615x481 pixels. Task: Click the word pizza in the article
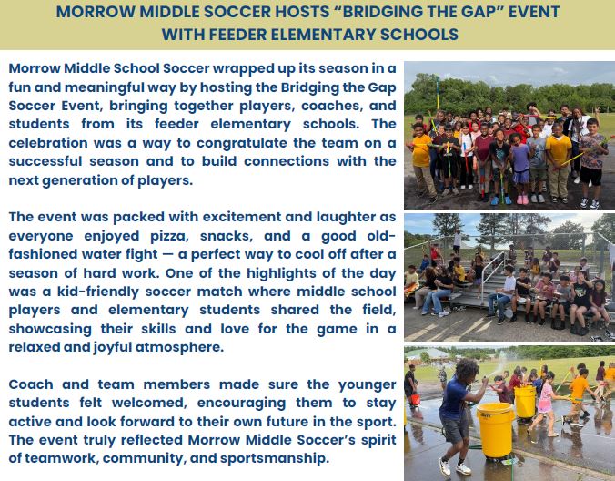pyautogui.click(x=170, y=236)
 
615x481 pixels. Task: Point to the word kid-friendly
pyautogui.click(x=98, y=292)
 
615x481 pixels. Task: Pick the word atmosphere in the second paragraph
pyautogui.click(x=179, y=347)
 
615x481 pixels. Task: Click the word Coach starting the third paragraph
pyautogui.click(x=31, y=384)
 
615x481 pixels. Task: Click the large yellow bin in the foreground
pyautogui.click(x=496, y=430)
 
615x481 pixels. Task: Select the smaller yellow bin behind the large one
pyautogui.click(x=525, y=402)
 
